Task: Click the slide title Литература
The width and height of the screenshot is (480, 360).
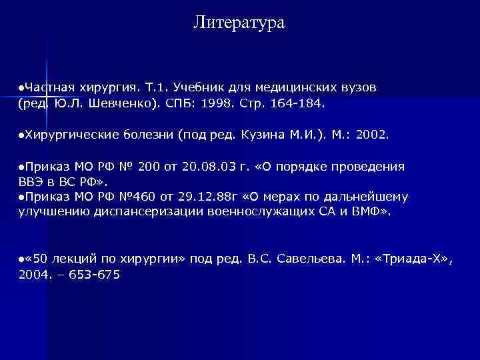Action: [x=239, y=23]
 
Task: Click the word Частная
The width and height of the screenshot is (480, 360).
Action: [x=51, y=87]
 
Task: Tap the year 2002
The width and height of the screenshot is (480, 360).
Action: [x=371, y=135]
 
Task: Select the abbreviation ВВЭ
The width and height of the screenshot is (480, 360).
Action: [x=30, y=181]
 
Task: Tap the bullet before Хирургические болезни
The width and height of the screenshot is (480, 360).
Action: [x=21, y=135]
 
